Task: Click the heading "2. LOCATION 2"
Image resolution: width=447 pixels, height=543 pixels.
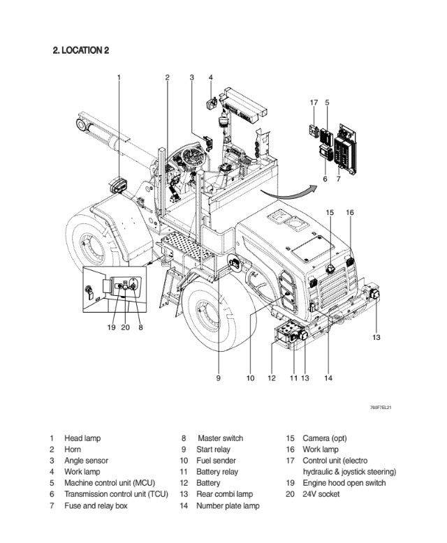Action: (x=80, y=50)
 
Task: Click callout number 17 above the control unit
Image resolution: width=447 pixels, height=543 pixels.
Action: (x=314, y=103)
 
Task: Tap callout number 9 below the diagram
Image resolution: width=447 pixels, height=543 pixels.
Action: (x=218, y=378)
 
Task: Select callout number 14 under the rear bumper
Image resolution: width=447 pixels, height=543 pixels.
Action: (x=328, y=378)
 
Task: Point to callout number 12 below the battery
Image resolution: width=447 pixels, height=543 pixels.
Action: (x=272, y=378)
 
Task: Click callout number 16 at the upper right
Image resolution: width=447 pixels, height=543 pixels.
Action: (x=350, y=212)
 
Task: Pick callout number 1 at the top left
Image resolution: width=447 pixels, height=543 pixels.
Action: (x=119, y=77)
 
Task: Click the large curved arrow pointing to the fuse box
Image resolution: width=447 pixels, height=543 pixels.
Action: (x=283, y=187)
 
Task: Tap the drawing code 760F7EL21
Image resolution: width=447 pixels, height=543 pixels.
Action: (x=381, y=408)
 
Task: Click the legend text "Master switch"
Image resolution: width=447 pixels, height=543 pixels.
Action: (x=221, y=438)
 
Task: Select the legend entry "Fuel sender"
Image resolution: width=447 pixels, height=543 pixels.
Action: (x=217, y=461)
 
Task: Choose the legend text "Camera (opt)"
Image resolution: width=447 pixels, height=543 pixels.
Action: (x=325, y=438)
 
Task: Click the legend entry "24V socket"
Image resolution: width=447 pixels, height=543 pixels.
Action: (x=321, y=494)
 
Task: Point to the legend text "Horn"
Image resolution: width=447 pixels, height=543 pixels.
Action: (x=73, y=449)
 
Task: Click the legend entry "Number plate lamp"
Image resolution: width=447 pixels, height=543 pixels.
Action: (x=228, y=505)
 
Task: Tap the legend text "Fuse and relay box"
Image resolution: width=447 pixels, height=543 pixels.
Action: (x=96, y=505)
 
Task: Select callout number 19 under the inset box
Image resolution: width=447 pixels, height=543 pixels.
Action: (x=111, y=327)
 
